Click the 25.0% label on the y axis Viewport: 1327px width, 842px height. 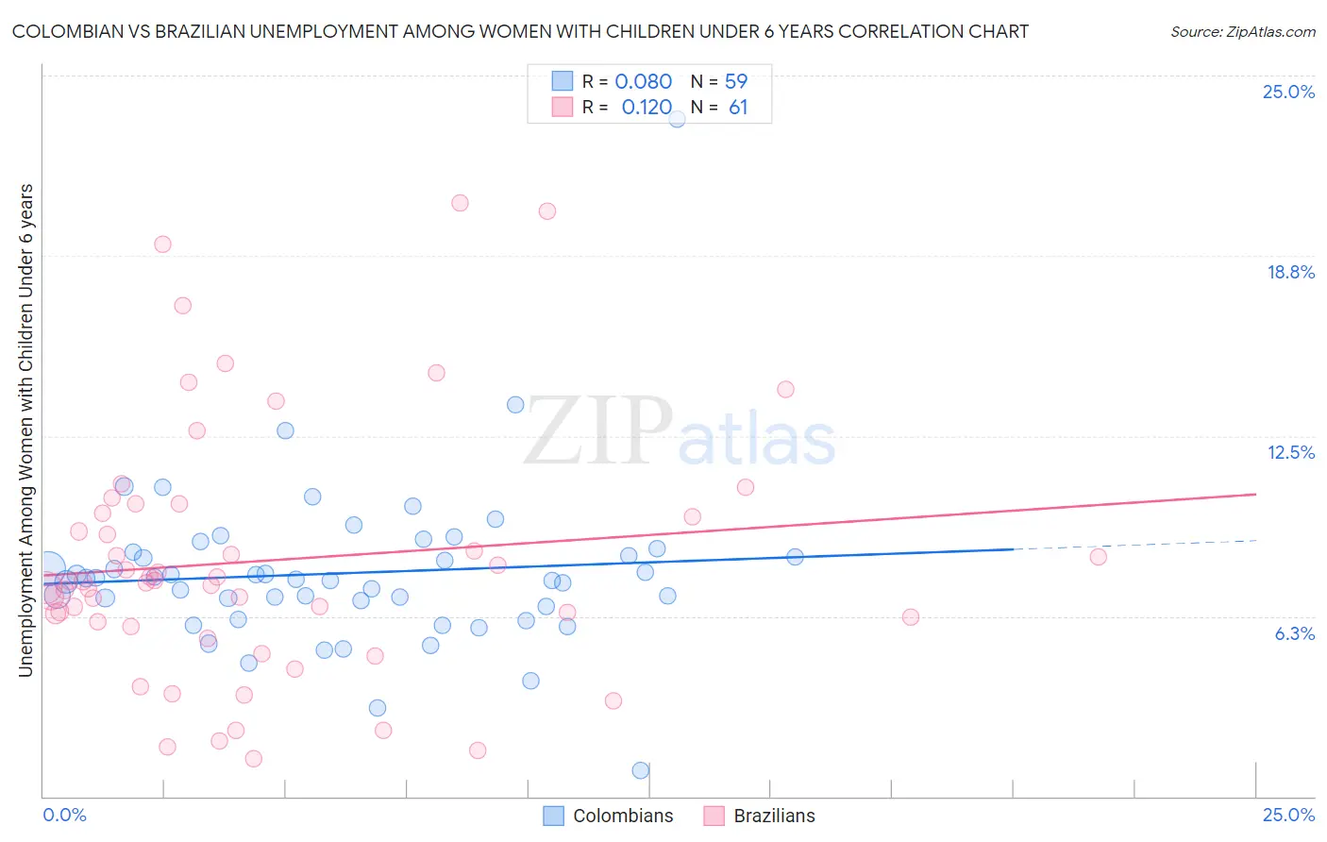(x=1288, y=92)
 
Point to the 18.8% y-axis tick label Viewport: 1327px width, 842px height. (x=1290, y=272)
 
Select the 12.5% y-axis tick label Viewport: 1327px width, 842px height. (x=1290, y=452)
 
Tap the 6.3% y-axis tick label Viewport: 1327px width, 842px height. (x=1294, y=633)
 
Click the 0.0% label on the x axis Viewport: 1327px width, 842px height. (x=64, y=815)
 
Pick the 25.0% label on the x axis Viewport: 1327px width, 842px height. (x=1288, y=815)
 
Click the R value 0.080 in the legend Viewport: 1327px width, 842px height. (x=643, y=81)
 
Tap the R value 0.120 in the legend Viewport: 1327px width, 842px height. (x=647, y=108)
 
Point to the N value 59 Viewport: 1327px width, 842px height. (x=736, y=81)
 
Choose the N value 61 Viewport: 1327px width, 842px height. (x=738, y=108)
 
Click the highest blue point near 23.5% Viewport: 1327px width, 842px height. (x=677, y=119)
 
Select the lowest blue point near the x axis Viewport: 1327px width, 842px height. (x=641, y=770)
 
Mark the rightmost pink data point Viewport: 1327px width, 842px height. (x=1098, y=557)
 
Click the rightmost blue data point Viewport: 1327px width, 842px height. (x=795, y=557)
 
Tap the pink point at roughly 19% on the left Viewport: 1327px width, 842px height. (x=162, y=244)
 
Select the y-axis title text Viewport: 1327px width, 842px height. (x=25, y=429)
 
